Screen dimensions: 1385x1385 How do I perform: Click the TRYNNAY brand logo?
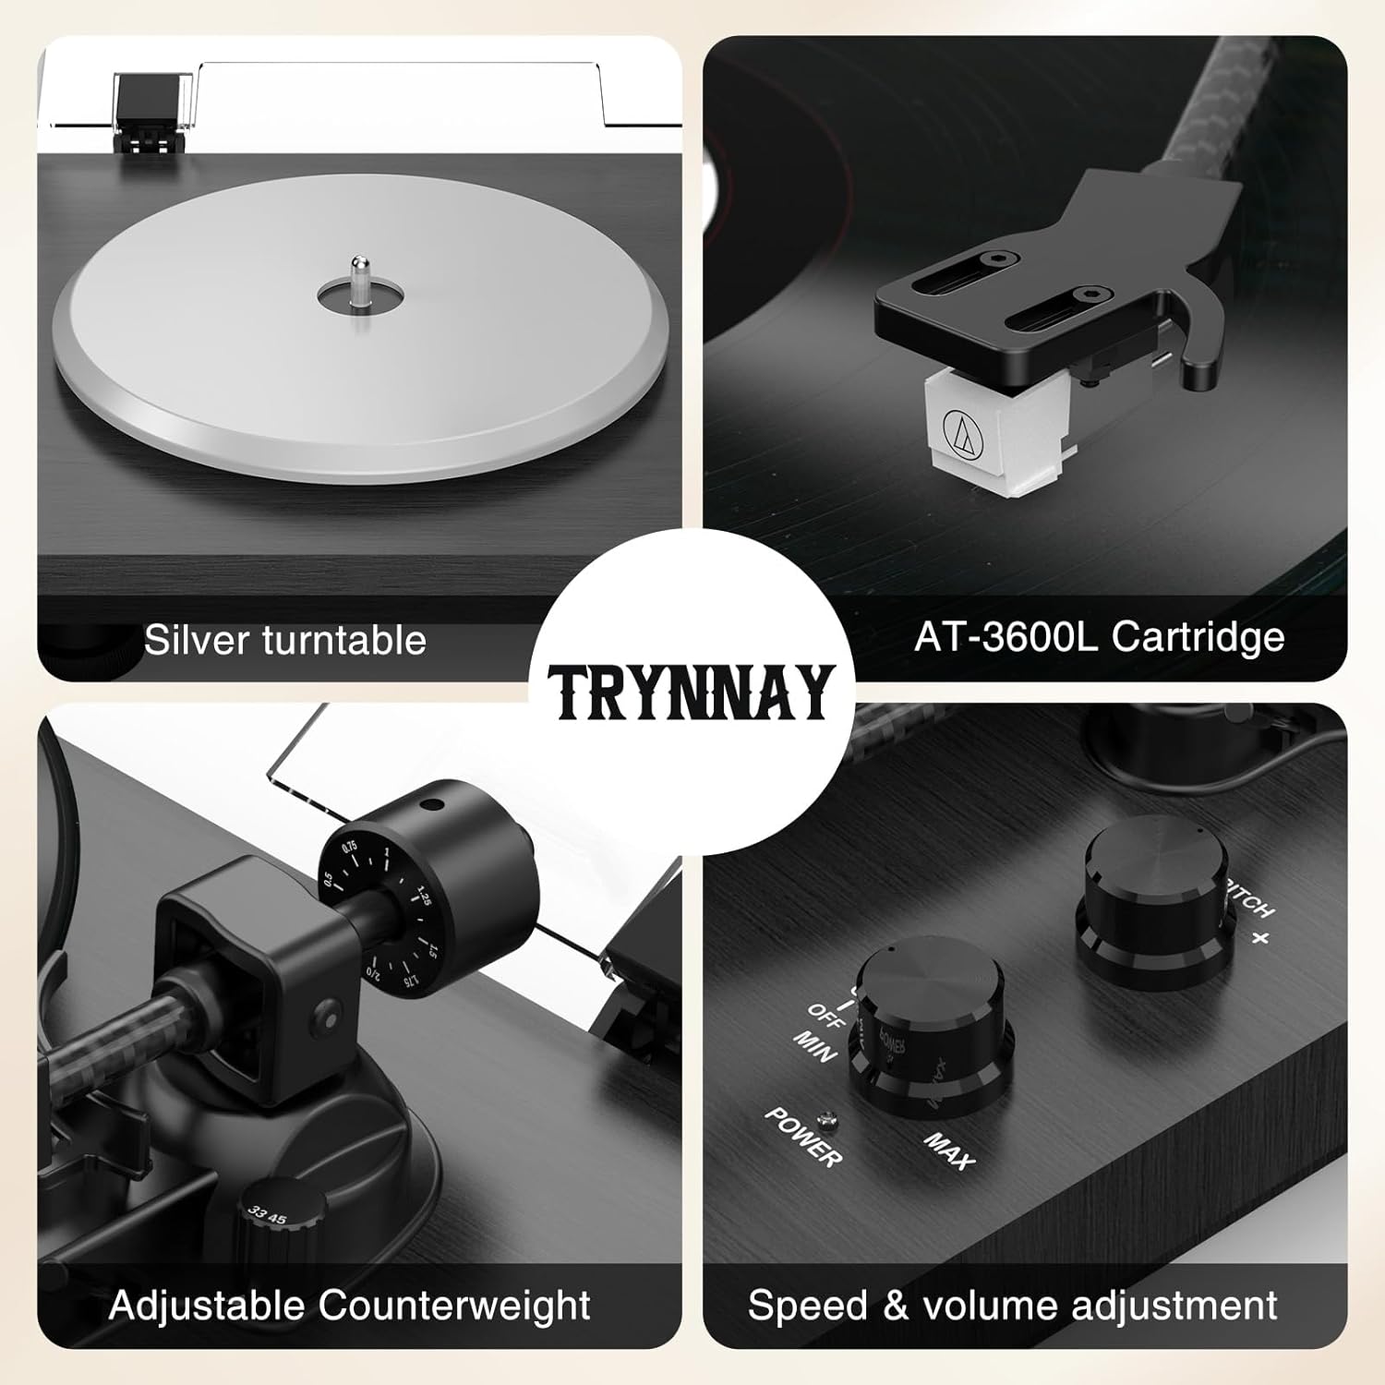[692, 692]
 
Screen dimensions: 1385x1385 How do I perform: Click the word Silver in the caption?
[198, 640]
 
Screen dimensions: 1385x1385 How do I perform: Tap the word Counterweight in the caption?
[454, 1306]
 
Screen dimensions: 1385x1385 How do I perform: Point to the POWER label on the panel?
[802, 1137]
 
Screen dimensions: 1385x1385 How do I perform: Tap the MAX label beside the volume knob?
[950, 1150]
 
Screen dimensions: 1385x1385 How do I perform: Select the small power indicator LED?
[830, 1122]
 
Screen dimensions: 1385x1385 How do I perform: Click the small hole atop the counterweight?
[428, 805]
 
